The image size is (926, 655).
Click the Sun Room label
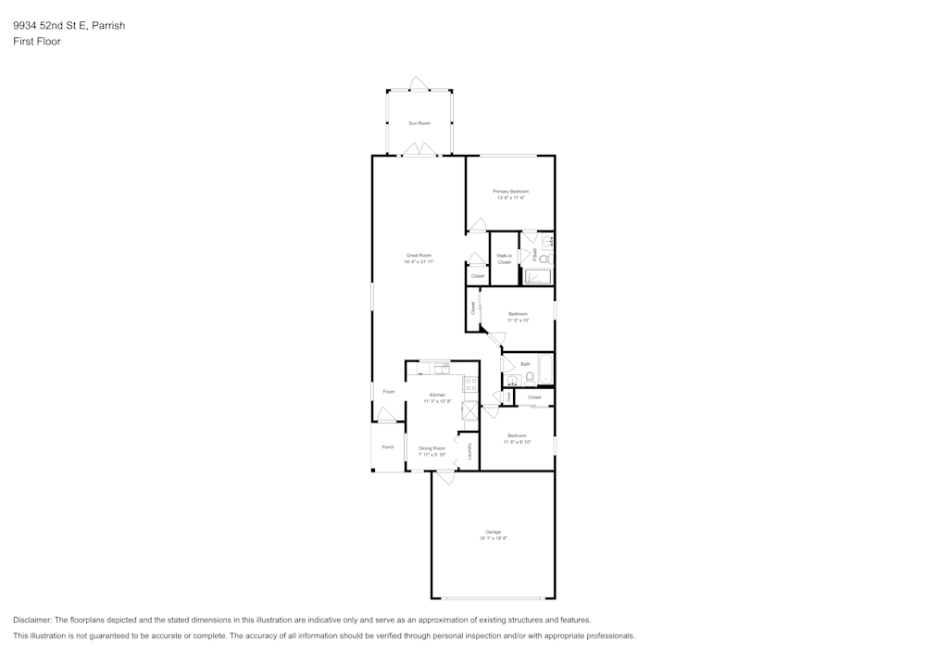tap(419, 123)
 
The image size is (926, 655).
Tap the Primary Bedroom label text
tap(510, 191)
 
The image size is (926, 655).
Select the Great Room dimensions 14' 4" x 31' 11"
tap(419, 262)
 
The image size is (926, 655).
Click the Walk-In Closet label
tap(504, 258)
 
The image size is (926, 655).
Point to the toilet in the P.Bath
tap(545, 259)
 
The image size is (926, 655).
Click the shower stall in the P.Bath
tap(538, 276)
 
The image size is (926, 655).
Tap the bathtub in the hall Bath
tap(544, 370)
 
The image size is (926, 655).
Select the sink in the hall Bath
tap(514, 380)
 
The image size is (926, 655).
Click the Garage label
tap(493, 532)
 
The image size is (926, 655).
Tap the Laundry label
tap(469, 450)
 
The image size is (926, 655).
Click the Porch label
tap(388, 447)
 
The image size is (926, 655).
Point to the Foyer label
tap(389, 392)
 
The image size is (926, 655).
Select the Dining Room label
tap(432, 447)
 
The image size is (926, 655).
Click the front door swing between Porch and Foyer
tap(386, 415)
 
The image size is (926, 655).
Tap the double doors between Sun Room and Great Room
tap(419, 150)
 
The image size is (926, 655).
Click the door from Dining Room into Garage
tap(445, 477)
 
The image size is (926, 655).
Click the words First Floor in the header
tap(37, 42)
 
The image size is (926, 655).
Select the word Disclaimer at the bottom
tap(32, 620)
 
